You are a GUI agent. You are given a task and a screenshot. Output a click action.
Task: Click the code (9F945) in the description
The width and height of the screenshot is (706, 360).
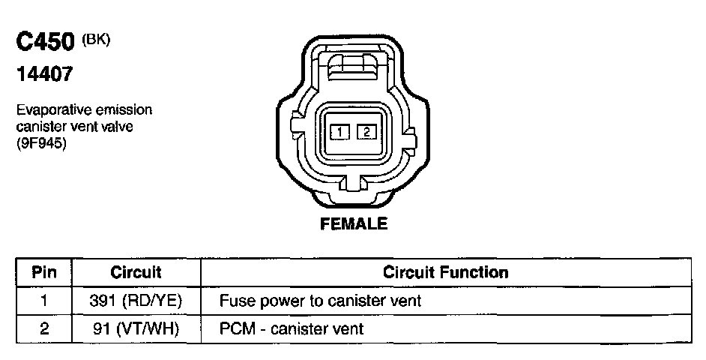click(40, 144)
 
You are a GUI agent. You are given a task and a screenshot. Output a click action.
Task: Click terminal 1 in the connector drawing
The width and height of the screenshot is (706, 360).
click(340, 133)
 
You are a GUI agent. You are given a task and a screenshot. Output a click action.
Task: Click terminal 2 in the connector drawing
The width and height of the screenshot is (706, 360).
click(366, 133)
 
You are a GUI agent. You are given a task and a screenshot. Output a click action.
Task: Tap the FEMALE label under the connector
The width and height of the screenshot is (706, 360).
click(354, 223)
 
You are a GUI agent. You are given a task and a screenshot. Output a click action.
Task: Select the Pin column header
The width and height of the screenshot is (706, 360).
click(43, 272)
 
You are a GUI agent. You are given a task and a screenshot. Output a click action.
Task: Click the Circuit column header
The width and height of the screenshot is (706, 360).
click(136, 272)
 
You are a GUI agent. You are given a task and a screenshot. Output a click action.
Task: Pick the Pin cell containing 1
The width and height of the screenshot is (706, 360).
click(43, 301)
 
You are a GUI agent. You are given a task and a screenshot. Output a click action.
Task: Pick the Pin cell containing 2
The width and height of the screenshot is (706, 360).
click(43, 328)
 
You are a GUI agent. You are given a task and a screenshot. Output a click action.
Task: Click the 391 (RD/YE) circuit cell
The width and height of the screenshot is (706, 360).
click(136, 301)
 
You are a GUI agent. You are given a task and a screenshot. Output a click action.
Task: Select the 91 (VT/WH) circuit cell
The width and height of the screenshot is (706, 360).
click(136, 328)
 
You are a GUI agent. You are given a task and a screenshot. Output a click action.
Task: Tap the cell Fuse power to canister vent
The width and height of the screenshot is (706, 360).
click(320, 301)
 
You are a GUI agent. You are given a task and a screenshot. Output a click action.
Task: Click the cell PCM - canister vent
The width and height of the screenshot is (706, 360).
click(292, 328)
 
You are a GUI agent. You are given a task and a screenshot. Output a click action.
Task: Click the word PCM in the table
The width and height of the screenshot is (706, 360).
click(234, 328)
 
